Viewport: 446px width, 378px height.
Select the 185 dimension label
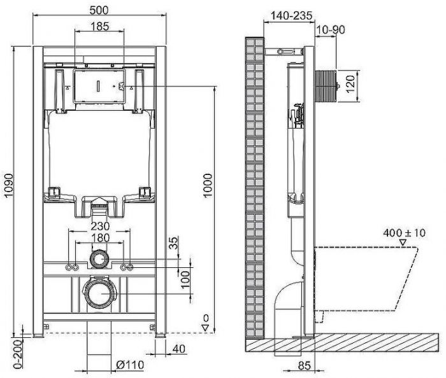click(x=99, y=27)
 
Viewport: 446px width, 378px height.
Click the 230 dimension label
click(x=99, y=225)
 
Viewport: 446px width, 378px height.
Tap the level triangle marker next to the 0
click(x=205, y=327)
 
